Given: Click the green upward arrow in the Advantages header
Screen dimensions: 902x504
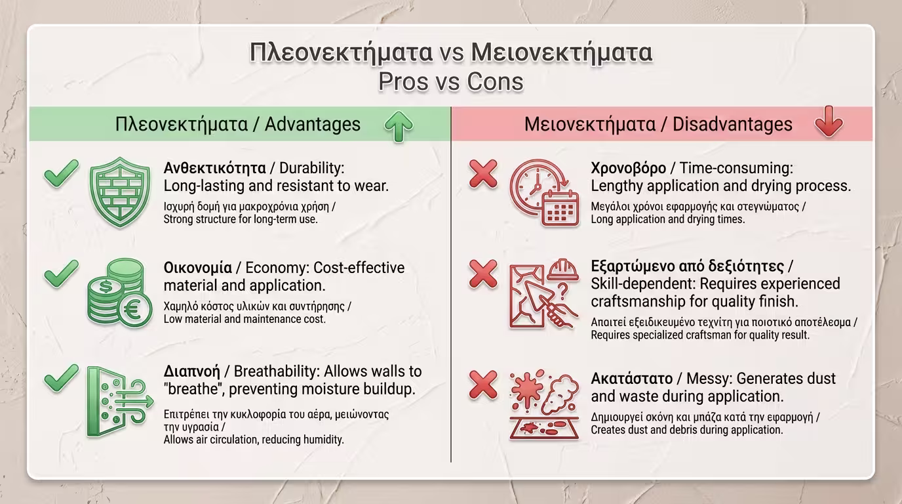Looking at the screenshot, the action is click(399, 126).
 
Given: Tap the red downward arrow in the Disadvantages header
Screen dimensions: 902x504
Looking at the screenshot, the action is click(829, 122).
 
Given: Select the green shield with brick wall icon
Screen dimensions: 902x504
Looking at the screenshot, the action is click(120, 192).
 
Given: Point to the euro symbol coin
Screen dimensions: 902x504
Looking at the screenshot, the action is click(135, 310).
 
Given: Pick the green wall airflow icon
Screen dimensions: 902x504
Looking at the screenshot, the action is click(120, 402).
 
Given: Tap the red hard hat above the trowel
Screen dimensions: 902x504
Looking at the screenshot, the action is click(563, 269).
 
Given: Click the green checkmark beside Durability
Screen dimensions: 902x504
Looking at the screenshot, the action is click(61, 173).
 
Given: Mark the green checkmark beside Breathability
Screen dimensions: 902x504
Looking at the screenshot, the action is click(61, 378).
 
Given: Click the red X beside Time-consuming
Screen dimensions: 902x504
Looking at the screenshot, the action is click(483, 174).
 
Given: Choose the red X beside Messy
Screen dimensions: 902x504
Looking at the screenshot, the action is click(483, 385).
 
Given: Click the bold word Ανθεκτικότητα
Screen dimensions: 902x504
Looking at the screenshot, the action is click(214, 168).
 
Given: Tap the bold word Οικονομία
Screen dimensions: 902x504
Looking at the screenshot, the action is click(198, 268).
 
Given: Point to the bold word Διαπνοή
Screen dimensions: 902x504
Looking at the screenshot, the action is click(191, 371).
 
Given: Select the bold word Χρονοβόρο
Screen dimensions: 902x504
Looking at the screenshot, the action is click(628, 168).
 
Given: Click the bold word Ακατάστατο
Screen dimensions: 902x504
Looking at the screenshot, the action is click(631, 379).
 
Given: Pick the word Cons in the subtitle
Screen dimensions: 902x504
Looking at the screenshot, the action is click(495, 81).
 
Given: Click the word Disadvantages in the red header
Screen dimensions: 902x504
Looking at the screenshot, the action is click(732, 124).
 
